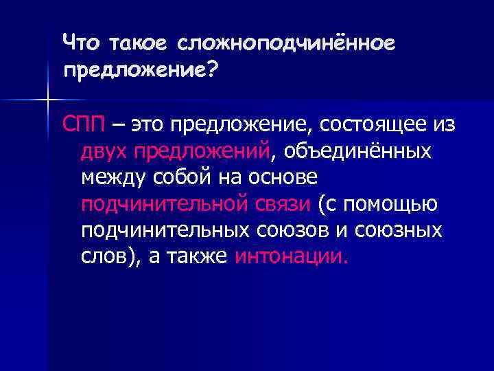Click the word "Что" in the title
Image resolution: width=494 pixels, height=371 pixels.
coord(80,43)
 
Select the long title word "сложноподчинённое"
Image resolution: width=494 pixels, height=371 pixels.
coord(287,43)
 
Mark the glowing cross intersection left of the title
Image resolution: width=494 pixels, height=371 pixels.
coord(49,101)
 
